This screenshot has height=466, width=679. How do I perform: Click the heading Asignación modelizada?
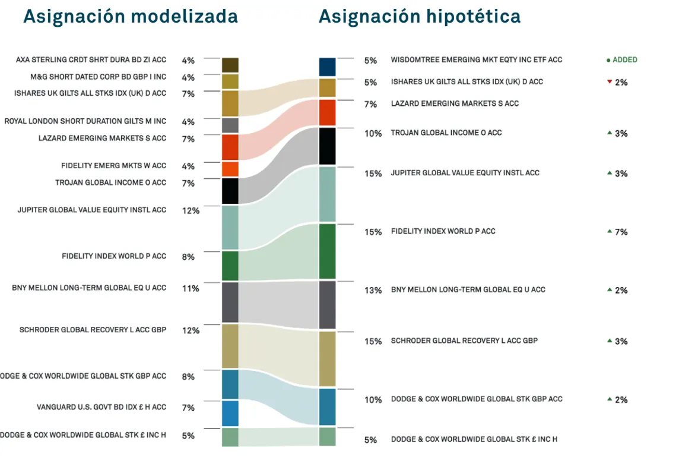pyautogui.click(x=130, y=17)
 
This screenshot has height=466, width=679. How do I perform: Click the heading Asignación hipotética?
pyautogui.click(x=419, y=17)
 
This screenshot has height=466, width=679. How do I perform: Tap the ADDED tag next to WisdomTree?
pyautogui.click(x=622, y=60)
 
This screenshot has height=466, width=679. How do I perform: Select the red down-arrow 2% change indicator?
pyautogui.click(x=617, y=83)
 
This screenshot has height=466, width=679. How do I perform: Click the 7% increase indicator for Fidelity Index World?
pyautogui.click(x=617, y=232)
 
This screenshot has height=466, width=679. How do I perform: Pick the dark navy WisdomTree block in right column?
pyautogui.click(x=327, y=67)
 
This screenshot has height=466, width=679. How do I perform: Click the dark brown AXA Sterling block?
pyautogui.click(x=230, y=65)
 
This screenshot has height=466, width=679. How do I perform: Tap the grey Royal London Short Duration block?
pyautogui.click(x=230, y=125)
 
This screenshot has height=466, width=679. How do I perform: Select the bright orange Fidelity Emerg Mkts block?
pyautogui.click(x=230, y=169)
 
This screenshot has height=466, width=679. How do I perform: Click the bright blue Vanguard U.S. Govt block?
pyautogui.click(x=230, y=414)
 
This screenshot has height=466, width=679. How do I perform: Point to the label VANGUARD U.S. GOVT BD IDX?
pyautogui.click(x=101, y=407)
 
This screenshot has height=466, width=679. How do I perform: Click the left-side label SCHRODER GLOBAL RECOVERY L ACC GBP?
pyautogui.click(x=93, y=330)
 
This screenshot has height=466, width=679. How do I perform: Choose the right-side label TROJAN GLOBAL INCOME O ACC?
pyautogui.click(x=446, y=133)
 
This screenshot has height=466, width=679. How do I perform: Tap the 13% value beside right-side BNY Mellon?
pyautogui.click(x=373, y=291)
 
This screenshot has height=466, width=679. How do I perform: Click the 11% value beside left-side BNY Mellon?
pyautogui.click(x=191, y=288)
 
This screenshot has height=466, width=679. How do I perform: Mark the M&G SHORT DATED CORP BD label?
pyautogui.click(x=98, y=77)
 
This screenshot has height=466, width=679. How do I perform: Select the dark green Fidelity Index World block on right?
pyautogui.click(x=327, y=251)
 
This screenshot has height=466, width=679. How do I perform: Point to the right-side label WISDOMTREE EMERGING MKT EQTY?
pyautogui.click(x=476, y=59)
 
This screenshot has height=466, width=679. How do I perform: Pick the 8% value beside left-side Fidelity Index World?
pyautogui.click(x=188, y=257)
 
